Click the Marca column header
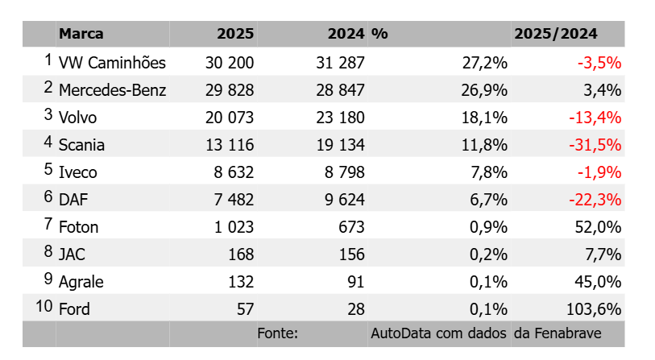pyautogui.click(x=81, y=33)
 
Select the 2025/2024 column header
pyautogui.click(x=556, y=33)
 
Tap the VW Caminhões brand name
pyautogui.click(x=112, y=63)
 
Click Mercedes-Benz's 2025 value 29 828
pyautogui.click(x=230, y=90)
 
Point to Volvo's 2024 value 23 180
pyautogui.click(x=340, y=118)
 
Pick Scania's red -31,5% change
pyautogui.click(x=595, y=145)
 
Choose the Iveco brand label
pyautogui.click(x=77, y=172)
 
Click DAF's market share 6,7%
pyautogui.click(x=488, y=200)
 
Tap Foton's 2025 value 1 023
pyautogui.click(x=234, y=227)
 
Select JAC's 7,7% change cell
pyautogui.click(x=603, y=254)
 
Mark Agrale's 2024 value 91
pyautogui.click(x=355, y=282)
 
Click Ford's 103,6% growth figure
pyautogui.click(x=594, y=309)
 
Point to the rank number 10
pyautogui.click(x=44, y=306)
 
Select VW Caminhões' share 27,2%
pyautogui.click(x=484, y=63)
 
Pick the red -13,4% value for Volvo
pyautogui.click(x=595, y=118)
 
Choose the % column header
pyautogui.click(x=379, y=33)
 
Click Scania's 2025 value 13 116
pyautogui.click(x=230, y=145)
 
